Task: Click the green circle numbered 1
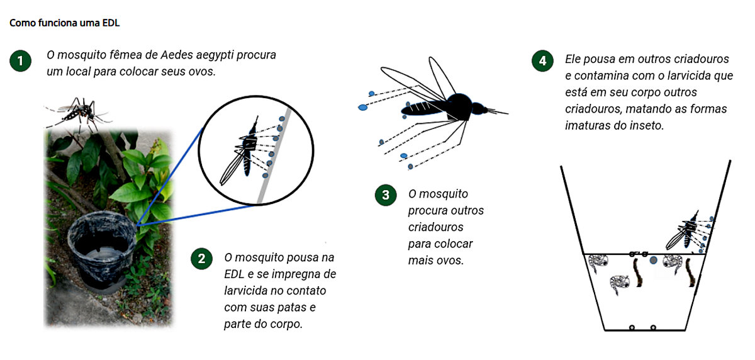[21, 60]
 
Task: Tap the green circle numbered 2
[201, 259]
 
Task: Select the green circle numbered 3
[386, 195]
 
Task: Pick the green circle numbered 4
[542, 60]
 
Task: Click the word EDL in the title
[111, 23]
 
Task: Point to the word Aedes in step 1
[177, 55]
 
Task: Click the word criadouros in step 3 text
[435, 227]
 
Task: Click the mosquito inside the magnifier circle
[243, 152]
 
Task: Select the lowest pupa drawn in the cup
[620, 284]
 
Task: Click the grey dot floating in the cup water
[654, 260]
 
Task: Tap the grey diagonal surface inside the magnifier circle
[274, 155]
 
